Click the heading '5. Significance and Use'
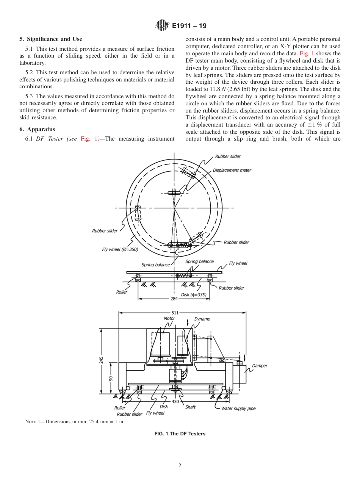coord(51,39)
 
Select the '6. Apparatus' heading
coord(37,129)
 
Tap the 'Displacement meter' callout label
coord(232,170)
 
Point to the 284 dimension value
coord(174,299)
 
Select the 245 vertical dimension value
coord(101,360)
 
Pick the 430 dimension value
coord(175,401)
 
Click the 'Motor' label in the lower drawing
coord(169,318)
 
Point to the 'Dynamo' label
coord(202,319)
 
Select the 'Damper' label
coord(260,366)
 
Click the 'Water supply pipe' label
coord(238,408)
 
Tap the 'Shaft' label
coord(190,407)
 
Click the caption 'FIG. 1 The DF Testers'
coord(180,434)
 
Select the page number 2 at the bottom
coord(180,466)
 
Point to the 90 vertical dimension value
coord(111,379)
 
